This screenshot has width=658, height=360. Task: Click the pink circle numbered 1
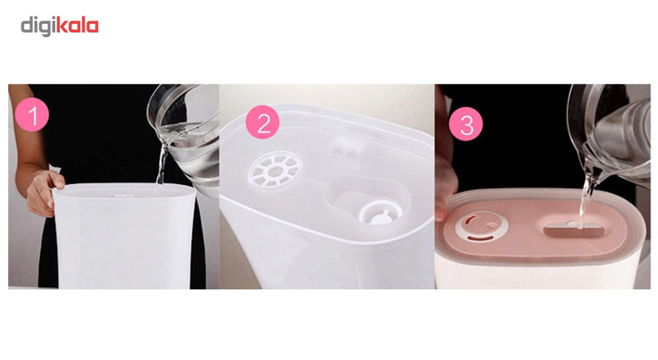point(32,114)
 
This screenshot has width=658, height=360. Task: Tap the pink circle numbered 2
point(262,122)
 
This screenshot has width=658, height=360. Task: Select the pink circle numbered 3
point(466,124)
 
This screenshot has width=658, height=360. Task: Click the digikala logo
point(59,26)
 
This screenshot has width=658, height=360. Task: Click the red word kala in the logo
point(77,25)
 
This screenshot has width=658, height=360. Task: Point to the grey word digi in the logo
point(38,27)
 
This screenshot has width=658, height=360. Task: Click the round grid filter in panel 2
point(275,170)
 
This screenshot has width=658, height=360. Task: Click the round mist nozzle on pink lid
point(482,228)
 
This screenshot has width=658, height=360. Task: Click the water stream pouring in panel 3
point(586,196)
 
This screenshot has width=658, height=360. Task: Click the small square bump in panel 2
point(349,146)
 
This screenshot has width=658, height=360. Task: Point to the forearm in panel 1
point(26,138)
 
